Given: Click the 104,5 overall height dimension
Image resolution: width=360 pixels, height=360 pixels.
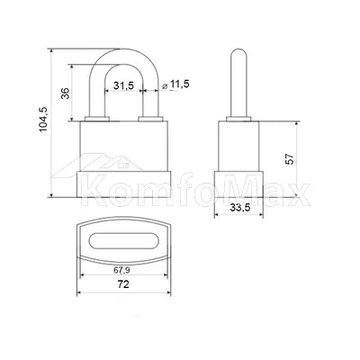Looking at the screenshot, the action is [x=43, y=120].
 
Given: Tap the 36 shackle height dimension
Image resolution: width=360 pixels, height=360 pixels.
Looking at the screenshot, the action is [x=66, y=94].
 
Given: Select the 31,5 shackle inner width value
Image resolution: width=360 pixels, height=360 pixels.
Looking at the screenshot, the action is [x=123, y=85].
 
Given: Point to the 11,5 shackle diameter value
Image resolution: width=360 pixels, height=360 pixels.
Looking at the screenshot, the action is [x=180, y=85].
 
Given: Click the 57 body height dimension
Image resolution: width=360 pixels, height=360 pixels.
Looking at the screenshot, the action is [x=290, y=158].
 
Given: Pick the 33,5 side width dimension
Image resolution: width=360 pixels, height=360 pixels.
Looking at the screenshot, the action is [x=240, y=207].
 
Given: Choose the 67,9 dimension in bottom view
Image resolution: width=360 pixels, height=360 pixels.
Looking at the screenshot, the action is [x=121, y=270].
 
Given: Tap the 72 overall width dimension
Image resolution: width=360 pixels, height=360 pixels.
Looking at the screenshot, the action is [x=123, y=283].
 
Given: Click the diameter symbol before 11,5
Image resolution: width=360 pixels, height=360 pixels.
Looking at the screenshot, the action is [x=165, y=85].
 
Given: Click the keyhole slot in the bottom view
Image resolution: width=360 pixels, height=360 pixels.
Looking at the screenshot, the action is [x=123, y=240].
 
